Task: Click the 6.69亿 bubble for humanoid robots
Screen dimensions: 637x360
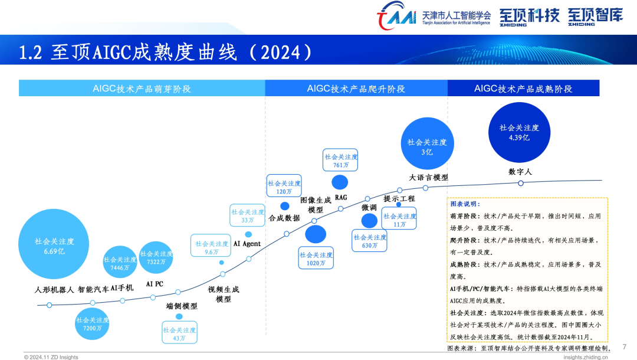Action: pos(54,244)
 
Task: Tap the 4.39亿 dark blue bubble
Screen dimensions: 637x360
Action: pos(519,132)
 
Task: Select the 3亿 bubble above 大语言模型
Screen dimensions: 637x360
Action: pos(427,143)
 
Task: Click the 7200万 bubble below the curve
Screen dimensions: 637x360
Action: pos(92,323)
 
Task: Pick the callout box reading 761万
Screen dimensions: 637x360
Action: pos(340,160)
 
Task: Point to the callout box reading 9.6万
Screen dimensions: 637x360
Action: pos(211,246)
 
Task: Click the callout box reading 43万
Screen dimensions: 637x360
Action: pos(179,333)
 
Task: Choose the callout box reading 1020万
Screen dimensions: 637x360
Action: pos(316,258)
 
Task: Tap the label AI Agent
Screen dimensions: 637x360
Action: pos(247,244)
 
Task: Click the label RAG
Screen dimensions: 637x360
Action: pos(341,198)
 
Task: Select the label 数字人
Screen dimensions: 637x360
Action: pos(520,172)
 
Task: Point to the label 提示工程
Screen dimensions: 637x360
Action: pos(399,199)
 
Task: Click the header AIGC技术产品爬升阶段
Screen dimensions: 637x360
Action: pos(356,88)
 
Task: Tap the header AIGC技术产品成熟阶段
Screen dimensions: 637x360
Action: pos(523,88)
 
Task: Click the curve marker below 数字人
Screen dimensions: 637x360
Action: pos(521,184)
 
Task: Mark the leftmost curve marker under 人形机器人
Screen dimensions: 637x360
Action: pos(49,305)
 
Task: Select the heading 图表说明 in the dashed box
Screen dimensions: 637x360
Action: pos(465,204)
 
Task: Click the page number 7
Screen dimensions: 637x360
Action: pos(625,346)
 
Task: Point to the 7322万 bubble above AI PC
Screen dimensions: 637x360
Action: pos(156,257)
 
